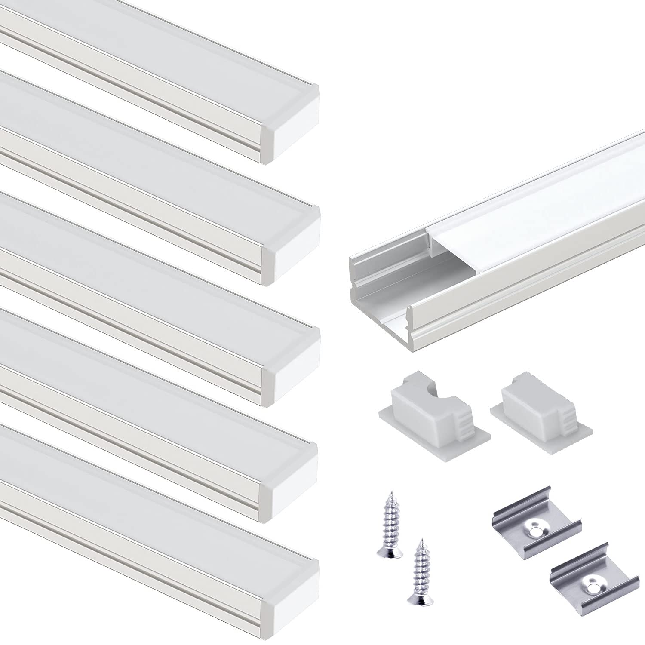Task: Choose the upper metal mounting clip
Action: pyautogui.click(x=536, y=531)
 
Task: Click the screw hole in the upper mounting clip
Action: pyautogui.click(x=535, y=532)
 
